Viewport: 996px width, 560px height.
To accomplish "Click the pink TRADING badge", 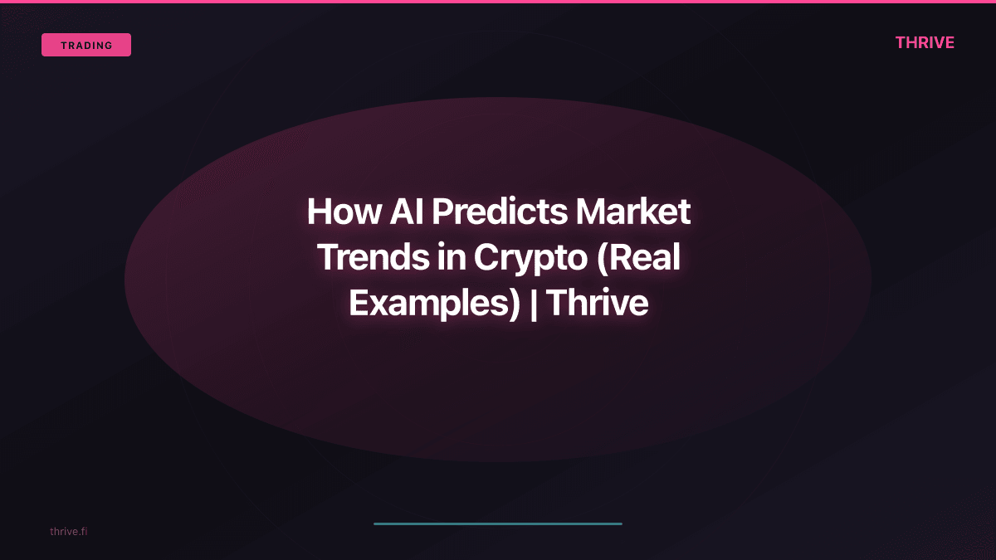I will click(x=86, y=45).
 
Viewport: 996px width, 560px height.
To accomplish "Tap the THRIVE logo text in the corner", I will click(x=925, y=42).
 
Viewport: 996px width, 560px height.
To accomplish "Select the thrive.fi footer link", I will click(x=68, y=531).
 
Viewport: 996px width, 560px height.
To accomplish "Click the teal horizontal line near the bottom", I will click(x=498, y=523).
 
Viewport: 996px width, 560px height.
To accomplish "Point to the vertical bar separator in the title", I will click(x=533, y=304).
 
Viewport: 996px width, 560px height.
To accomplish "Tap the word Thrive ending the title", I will click(x=597, y=304).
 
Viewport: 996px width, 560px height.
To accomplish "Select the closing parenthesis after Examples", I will click(x=514, y=304).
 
